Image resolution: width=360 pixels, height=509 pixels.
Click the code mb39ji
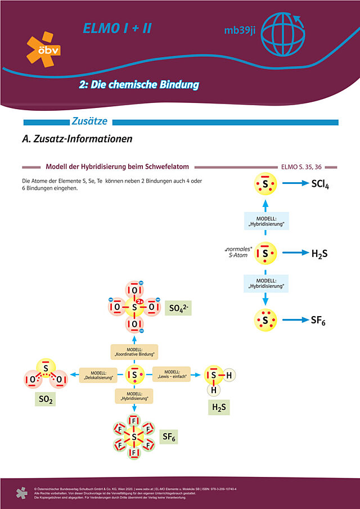237,31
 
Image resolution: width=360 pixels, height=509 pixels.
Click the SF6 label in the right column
318,321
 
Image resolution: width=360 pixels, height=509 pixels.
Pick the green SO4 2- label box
178,308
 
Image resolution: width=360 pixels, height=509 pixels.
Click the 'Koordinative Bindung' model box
134,352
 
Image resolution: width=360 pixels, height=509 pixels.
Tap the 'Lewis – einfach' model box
169,374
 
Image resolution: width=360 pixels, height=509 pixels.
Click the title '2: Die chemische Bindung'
139,85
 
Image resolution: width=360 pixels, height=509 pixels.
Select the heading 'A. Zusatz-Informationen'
77,138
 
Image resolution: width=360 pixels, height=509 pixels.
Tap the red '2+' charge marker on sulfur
141,301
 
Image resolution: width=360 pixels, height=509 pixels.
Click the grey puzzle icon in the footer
21,492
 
